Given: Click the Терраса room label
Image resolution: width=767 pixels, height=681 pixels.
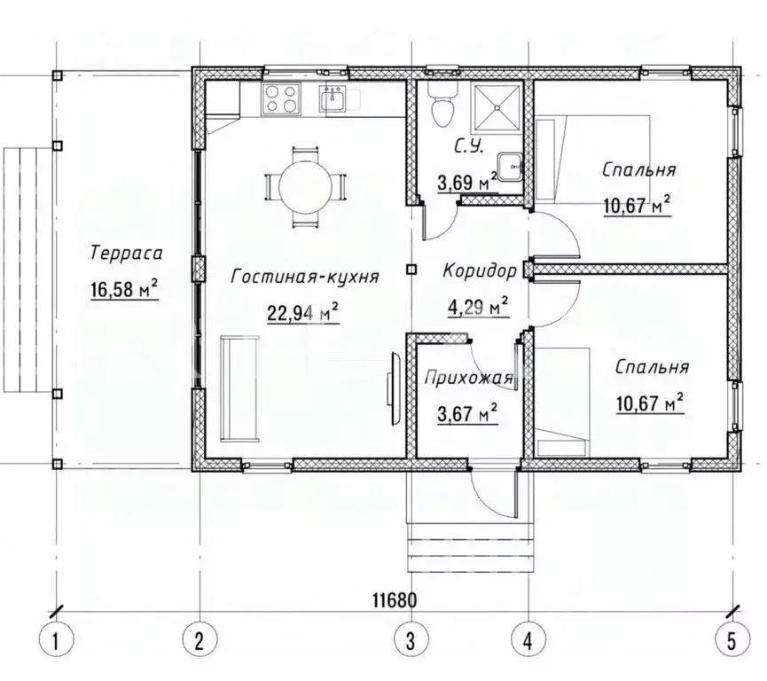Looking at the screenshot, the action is point(126,254).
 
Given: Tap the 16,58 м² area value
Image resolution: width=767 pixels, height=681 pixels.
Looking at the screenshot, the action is point(124,289).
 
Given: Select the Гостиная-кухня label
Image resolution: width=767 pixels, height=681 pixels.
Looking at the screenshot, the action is point(305,277).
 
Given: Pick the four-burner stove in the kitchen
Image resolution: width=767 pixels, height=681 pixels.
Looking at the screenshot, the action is point(281,98).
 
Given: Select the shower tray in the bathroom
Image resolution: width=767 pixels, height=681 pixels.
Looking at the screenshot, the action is point(496,106).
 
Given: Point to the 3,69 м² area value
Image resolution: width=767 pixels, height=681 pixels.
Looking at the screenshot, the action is point(467,182).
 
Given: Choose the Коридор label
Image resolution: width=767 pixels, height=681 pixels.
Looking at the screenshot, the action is point(480,270).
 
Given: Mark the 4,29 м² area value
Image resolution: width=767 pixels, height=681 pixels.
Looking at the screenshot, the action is point(478,307).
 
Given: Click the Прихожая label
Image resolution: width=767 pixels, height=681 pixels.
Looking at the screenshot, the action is point(468,378).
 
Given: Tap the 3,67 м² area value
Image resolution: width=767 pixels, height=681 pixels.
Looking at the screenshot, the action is point(467,413).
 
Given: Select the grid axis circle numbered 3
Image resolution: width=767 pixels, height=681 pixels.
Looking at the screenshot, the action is point(411,639).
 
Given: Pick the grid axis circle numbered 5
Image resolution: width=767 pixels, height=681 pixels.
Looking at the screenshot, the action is point(732,639).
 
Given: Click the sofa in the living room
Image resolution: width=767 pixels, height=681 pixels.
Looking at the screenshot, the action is point(239,388).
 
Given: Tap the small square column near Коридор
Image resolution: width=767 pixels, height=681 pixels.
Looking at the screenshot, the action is point(411,270).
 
